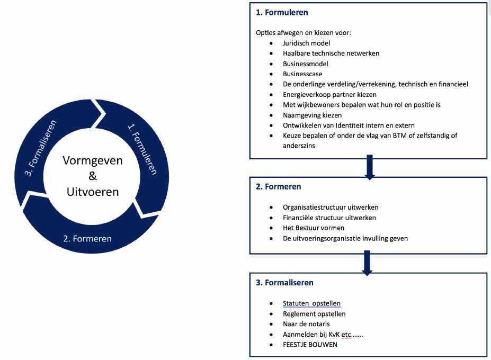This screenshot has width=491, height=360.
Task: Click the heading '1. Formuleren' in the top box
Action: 282,12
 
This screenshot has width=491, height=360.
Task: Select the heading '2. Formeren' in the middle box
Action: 279,186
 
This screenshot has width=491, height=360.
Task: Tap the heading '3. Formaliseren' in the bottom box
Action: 284,283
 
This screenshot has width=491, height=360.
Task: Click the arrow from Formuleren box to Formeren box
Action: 369,167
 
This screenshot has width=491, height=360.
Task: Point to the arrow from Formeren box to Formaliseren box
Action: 367,262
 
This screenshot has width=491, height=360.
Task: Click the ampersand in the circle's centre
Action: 93,175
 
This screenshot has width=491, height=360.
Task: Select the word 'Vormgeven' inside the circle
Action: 93,160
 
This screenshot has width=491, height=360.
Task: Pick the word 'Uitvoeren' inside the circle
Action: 93,191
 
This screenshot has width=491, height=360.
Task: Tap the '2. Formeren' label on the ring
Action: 87,238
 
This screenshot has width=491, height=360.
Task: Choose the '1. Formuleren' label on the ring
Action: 142,148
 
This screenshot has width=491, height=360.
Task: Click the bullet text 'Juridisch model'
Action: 307,43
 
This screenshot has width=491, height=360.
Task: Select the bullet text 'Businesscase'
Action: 302,74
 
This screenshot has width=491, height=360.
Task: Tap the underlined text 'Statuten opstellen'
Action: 311,303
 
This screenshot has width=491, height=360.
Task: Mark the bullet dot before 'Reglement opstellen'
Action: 271,314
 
